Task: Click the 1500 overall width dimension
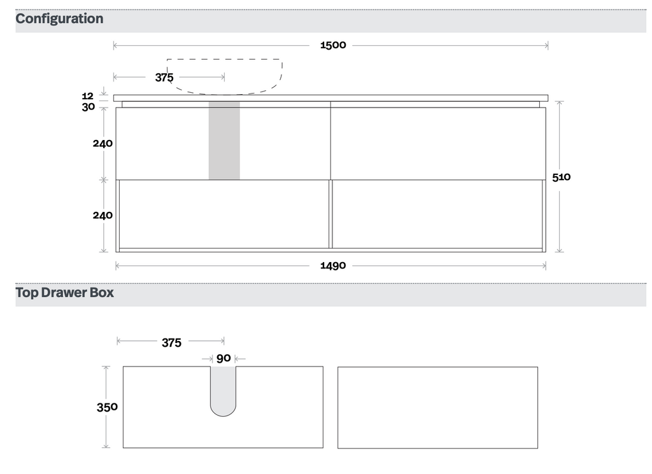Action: [x=333, y=45]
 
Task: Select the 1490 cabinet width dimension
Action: [x=333, y=265]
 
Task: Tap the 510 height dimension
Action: [x=562, y=177]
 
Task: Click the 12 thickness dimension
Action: [x=88, y=96]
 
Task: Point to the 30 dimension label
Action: [x=88, y=107]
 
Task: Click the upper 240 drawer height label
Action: [x=103, y=143]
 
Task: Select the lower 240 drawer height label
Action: [x=103, y=215]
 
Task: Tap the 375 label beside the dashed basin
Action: [x=164, y=77]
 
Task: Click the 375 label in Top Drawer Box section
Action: [x=172, y=343]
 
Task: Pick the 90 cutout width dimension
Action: [x=223, y=358]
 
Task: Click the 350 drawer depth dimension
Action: [x=107, y=407]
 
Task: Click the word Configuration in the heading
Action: [x=59, y=18]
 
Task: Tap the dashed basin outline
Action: [x=225, y=76]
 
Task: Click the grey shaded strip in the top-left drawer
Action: [x=224, y=141]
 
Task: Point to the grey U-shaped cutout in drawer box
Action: [x=223, y=391]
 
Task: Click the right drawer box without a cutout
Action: [x=437, y=408]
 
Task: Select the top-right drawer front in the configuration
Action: [x=438, y=144]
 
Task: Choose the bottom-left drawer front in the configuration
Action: [x=224, y=214]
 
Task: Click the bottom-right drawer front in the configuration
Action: [x=437, y=214]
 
